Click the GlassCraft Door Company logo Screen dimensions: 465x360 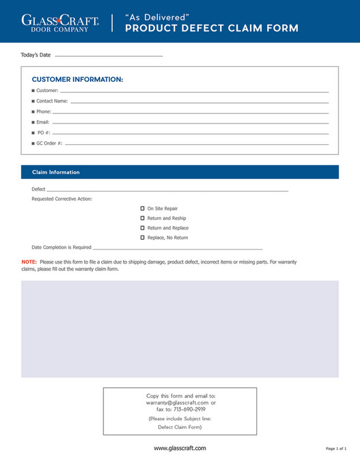pyautogui.click(x=60, y=23)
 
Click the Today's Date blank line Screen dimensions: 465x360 pyautogui.click(x=109, y=55)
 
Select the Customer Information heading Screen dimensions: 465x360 pyautogui.click(x=77, y=80)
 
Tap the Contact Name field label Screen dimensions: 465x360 pyautogui.click(x=52, y=101)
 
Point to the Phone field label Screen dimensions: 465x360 pyautogui.click(x=43, y=111)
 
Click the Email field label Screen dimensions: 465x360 pyautogui.click(x=43, y=122)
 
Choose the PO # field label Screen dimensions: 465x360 pyautogui.click(x=43, y=132)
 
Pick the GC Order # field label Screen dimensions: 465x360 pyautogui.click(x=49, y=143)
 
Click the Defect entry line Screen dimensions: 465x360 pyautogui.click(x=167, y=189)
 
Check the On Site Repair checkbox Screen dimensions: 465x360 pyautogui.click(x=142, y=208)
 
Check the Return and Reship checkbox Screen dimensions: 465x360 pyautogui.click(x=142, y=218)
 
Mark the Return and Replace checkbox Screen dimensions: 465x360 pyautogui.click(x=142, y=227)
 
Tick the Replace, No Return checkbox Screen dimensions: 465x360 pyautogui.click(x=142, y=238)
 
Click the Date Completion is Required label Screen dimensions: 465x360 pyautogui.click(x=61, y=247)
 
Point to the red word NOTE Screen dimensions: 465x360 pyautogui.click(x=29, y=262)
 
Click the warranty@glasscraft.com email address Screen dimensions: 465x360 pyautogui.click(x=173, y=402)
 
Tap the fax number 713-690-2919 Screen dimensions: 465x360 pyautogui.click(x=189, y=409)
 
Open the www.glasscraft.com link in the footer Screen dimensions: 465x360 pyautogui.click(x=180, y=448)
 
